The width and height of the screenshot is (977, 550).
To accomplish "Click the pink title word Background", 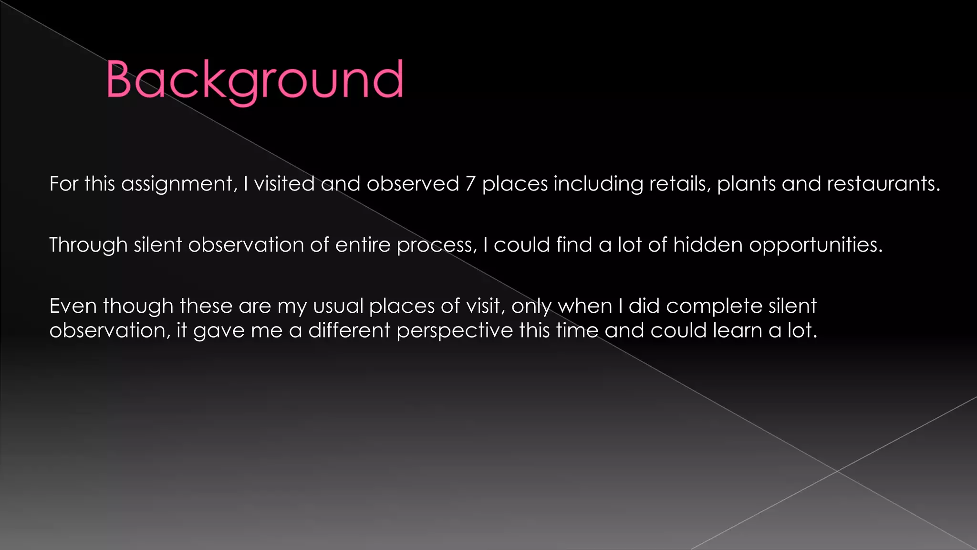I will point(255,80).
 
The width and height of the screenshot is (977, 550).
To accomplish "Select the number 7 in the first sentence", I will point(470,184).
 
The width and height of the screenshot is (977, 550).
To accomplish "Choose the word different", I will point(349,330).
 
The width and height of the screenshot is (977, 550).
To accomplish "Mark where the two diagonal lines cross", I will point(837,471).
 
